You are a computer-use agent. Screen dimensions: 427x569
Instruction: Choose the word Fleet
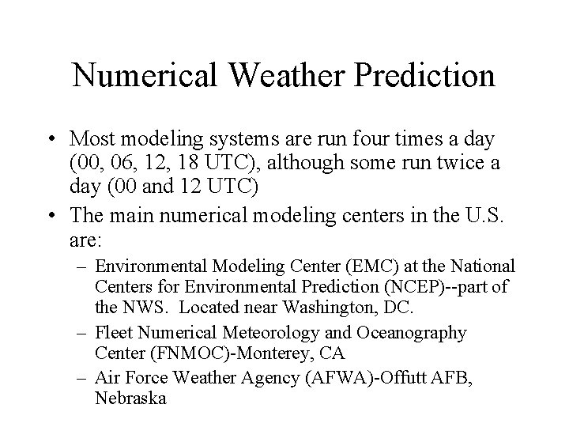pyautogui.click(x=111, y=333)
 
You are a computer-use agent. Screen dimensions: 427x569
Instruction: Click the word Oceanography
pyautogui.click(x=412, y=333)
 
